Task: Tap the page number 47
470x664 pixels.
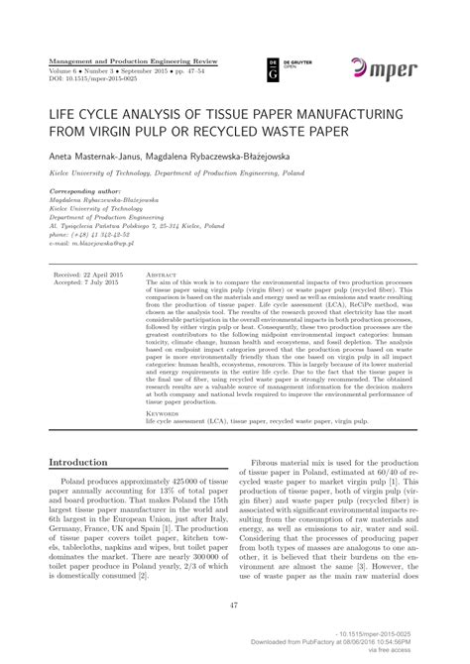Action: click(x=235, y=607)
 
